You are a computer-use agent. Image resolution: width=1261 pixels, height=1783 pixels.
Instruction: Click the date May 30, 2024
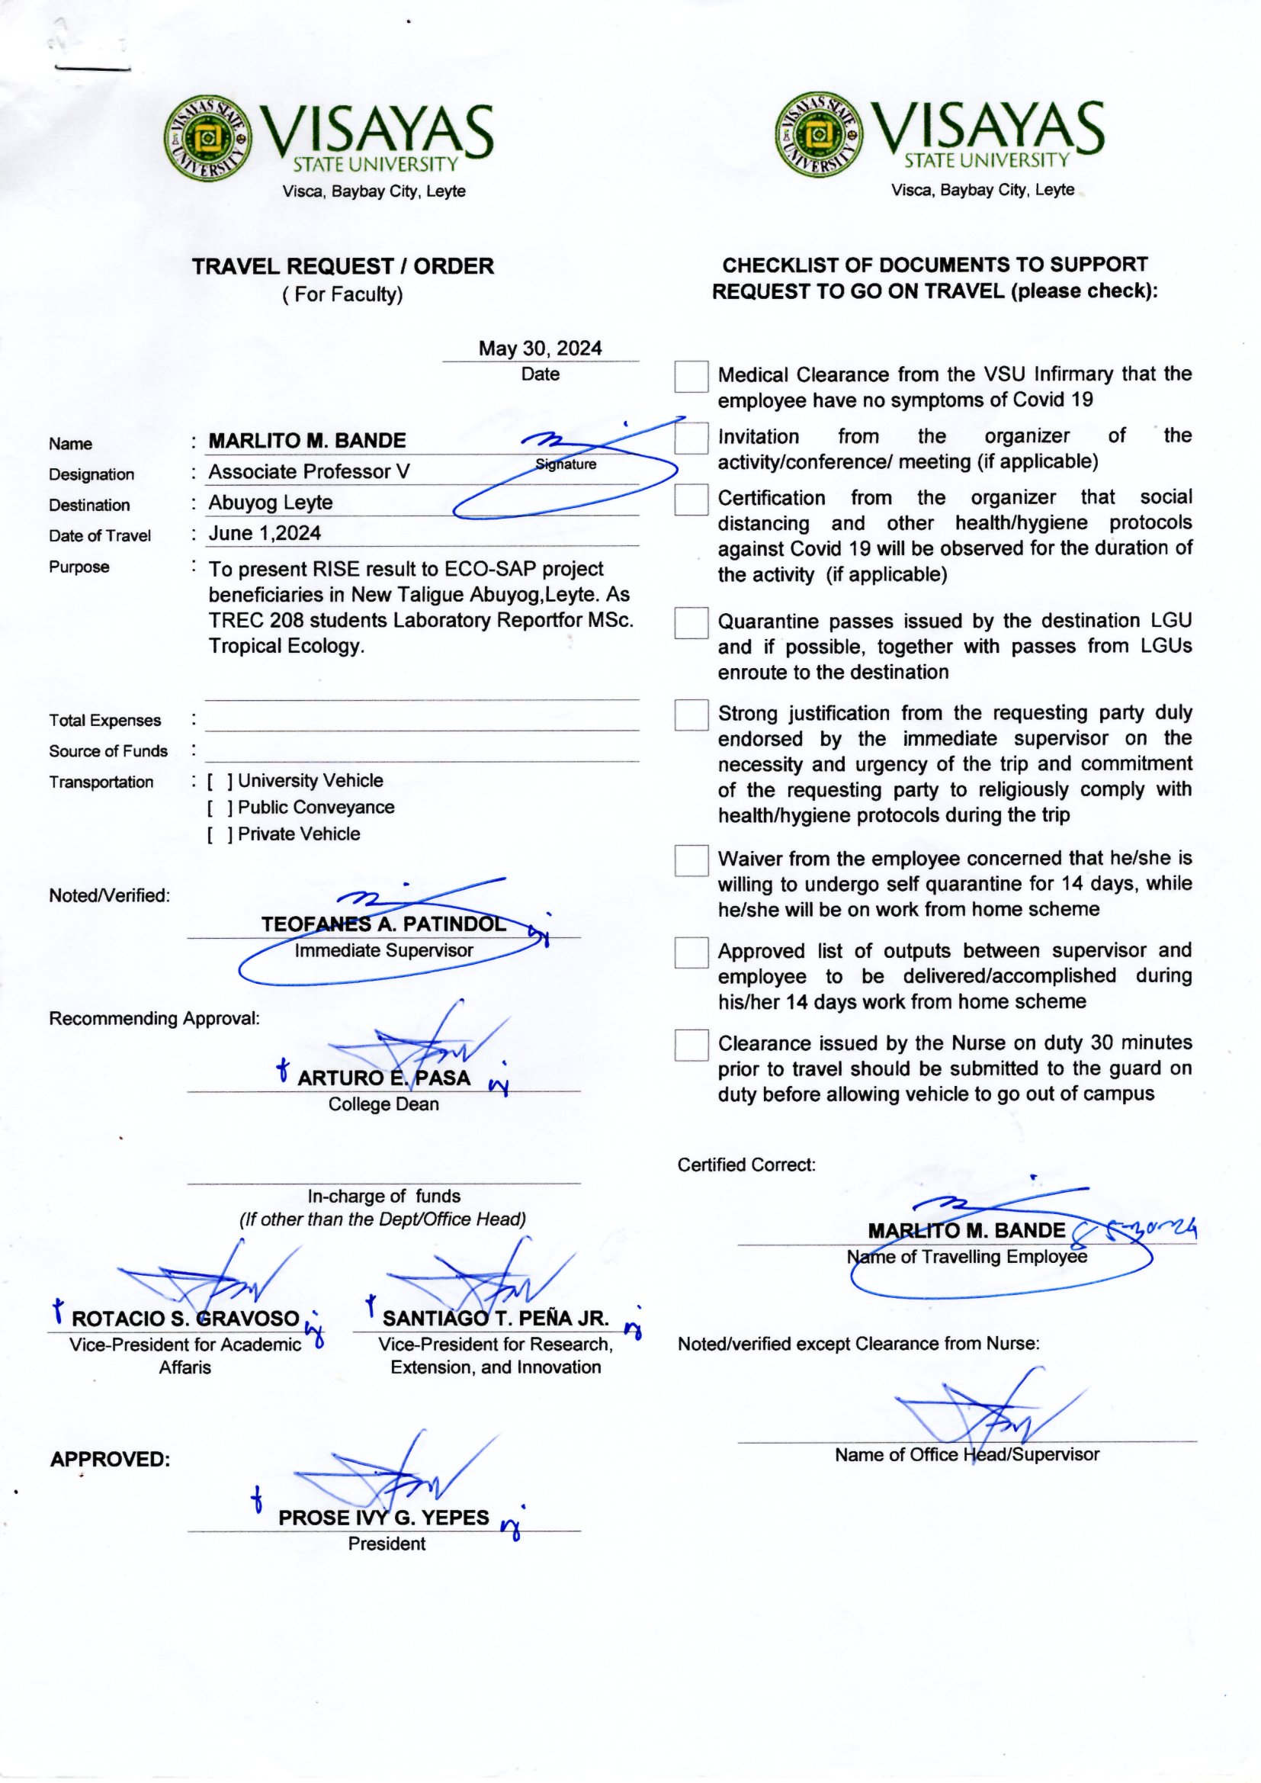click(x=540, y=349)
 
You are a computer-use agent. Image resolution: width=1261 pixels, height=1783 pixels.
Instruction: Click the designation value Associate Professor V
click(x=308, y=472)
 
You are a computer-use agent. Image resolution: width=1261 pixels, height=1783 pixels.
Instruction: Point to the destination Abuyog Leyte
click(x=270, y=503)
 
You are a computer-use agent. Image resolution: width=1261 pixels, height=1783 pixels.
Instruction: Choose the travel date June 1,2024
click(x=264, y=534)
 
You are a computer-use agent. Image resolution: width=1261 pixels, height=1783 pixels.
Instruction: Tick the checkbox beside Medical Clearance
click(x=690, y=377)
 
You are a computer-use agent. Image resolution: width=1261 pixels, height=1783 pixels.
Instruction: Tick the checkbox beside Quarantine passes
click(x=690, y=623)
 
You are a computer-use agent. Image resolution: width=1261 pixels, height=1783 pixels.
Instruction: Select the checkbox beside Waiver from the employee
click(x=690, y=860)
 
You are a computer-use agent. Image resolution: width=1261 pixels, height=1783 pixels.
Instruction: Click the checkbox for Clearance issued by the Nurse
click(x=690, y=1046)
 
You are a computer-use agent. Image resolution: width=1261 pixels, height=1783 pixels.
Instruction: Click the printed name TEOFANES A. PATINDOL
click(x=383, y=924)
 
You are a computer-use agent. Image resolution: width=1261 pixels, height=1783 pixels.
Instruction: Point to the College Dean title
click(x=383, y=1104)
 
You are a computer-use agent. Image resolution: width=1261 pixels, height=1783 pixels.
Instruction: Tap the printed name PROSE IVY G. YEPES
click(x=383, y=1518)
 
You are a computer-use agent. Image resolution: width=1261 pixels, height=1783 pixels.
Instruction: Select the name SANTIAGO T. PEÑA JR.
click(x=496, y=1319)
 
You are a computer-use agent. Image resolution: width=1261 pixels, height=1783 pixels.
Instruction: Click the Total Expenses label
click(x=104, y=721)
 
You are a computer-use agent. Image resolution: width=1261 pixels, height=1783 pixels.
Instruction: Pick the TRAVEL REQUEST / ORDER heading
click(x=342, y=266)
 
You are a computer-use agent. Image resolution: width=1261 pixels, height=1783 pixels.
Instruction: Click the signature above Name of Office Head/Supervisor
click(x=986, y=1415)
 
